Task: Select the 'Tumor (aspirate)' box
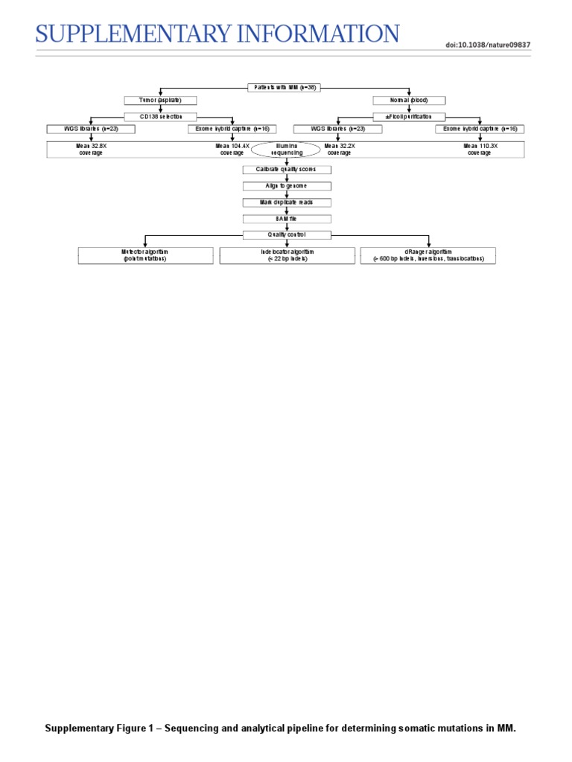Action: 160,100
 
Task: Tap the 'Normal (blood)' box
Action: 410,100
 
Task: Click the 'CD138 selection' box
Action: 160,117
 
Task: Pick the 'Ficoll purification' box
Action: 410,117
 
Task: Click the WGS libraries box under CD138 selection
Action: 91,129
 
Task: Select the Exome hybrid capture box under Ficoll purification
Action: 480,129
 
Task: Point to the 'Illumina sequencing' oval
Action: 287,150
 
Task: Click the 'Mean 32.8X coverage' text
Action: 91,150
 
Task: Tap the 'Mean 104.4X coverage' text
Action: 232,150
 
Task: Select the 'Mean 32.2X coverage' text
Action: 340,150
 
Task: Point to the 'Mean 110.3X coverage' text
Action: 480,150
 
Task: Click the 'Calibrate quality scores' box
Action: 287,170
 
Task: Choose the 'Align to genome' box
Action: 287,186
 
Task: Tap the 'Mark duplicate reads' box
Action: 287,202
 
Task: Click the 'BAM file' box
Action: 287,219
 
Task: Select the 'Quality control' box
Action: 287,235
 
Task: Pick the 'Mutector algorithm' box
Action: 145,255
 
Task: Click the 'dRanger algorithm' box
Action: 428,255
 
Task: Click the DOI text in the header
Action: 488,45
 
